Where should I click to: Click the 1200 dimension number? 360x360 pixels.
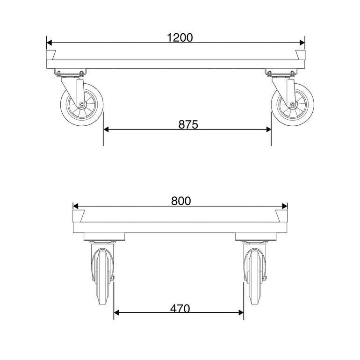tap(180, 38)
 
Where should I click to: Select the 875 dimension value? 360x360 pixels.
tap(188, 125)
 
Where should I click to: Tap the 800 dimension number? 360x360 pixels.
tap(181, 201)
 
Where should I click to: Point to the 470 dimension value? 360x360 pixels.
tap(180, 309)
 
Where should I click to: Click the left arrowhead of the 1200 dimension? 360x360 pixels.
tap(49, 43)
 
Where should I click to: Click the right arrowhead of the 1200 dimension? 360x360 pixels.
tap(302, 43)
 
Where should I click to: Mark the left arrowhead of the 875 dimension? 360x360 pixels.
tap(106, 130)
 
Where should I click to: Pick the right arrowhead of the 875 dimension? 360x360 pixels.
tap(268, 130)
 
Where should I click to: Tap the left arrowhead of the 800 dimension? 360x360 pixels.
tap(76, 206)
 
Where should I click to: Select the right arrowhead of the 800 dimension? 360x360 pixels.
tap(285, 206)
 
